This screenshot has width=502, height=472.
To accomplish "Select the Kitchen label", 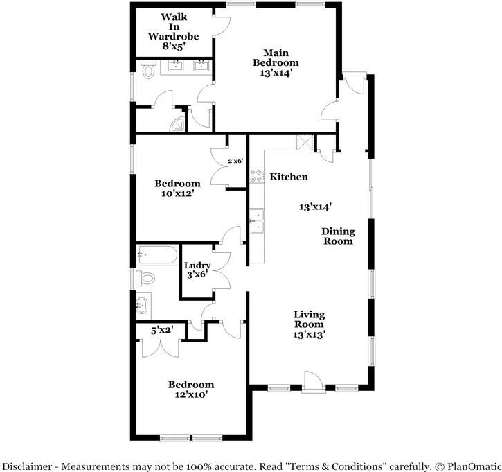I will click(288, 177).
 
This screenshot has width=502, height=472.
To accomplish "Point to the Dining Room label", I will click(338, 236).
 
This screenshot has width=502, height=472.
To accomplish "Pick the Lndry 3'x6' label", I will click(197, 270).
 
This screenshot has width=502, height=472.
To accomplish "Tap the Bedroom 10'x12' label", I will click(177, 189).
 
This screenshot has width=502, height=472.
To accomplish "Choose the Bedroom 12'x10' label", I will click(190, 390).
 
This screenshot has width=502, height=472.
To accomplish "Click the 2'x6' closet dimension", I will click(235, 161).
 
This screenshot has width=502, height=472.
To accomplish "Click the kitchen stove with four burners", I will click(257, 176).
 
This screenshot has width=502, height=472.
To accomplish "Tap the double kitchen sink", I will click(257, 221).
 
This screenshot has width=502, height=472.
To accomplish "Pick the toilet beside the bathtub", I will click(147, 279).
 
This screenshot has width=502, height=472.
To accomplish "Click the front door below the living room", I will click(312, 381).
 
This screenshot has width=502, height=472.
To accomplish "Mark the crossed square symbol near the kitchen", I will click(304, 143).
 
